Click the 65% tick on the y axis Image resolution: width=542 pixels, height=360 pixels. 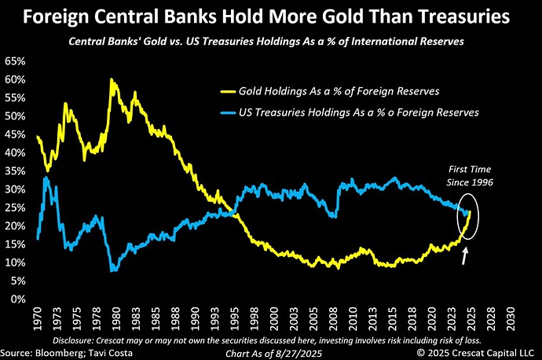(x=15, y=60)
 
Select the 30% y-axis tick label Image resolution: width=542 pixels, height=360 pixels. (x=15, y=189)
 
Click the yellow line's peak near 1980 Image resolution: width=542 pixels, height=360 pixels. (x=112, y=79)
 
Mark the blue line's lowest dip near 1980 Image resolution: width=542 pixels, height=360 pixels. (x=114, y=270)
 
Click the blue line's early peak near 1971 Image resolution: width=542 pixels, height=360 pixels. (x=46, y=178)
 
